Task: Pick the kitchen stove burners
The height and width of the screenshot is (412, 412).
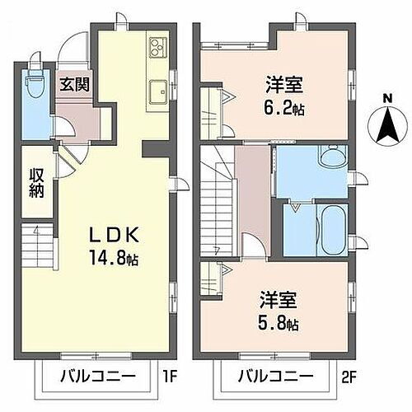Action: tap(157, 48)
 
